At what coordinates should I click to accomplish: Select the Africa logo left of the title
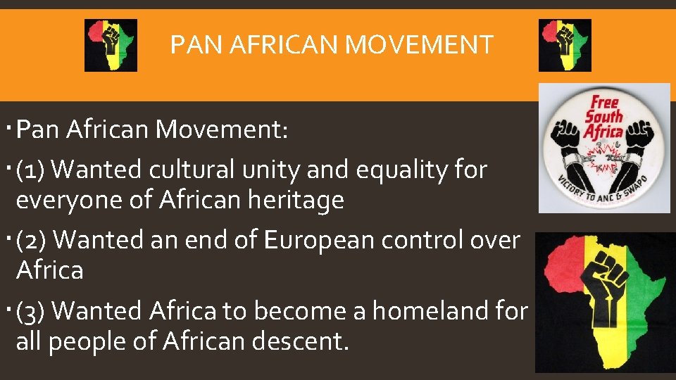(111, 45)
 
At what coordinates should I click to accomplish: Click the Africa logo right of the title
(565, 45)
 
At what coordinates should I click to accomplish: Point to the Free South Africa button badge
(604, 148)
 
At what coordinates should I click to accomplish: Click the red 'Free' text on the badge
(604, 102)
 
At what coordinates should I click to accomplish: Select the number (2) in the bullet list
(32, 240)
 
